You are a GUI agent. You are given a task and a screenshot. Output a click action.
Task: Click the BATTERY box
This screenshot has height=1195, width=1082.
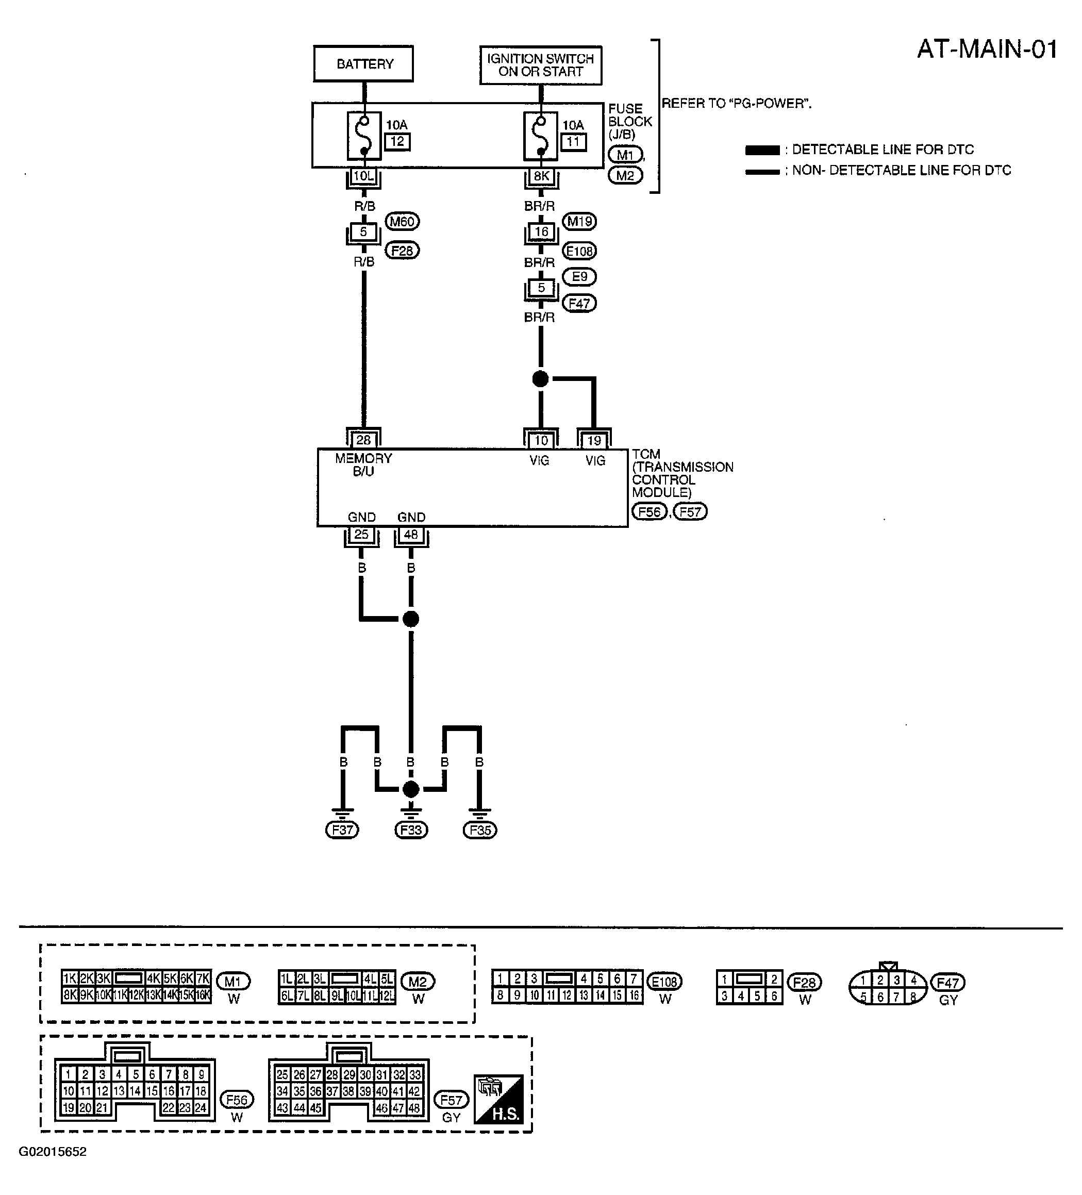(x=363, y=63)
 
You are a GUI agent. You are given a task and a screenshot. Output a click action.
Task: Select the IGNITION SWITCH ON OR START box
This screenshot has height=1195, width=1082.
(x=540, y=65)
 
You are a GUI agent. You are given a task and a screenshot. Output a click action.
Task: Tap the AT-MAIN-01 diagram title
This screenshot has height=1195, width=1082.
(x=987, y=49)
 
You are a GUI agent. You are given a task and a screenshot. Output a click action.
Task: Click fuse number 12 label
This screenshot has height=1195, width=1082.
(x=397, y=142)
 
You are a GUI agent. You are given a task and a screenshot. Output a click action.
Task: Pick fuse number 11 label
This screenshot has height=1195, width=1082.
(x=573, y=142)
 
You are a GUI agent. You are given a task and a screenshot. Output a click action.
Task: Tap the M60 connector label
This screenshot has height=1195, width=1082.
(x=403, y=222)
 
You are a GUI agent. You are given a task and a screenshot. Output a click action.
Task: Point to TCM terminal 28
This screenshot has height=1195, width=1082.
(x=363, y=440)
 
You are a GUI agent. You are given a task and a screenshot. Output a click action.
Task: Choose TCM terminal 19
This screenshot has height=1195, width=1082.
(x=594, y=441)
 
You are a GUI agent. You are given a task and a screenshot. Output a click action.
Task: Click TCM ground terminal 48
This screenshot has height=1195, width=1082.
(x=411, y=535)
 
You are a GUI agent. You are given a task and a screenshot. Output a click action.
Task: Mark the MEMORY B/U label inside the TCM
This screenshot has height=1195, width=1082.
(x=363, y=464)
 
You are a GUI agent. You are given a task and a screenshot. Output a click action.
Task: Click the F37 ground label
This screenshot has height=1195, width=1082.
(x=342, y=830)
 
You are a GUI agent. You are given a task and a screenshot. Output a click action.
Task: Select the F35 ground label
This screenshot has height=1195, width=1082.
(x=480, y=830)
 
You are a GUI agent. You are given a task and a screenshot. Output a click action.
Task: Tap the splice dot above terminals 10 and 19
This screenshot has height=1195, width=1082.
(x=540, y=379)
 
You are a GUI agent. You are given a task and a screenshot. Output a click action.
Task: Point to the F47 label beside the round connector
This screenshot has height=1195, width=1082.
(x=948, y=983)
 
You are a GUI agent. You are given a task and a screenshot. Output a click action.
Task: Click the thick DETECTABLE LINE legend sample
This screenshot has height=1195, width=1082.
(x=762, y=150)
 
